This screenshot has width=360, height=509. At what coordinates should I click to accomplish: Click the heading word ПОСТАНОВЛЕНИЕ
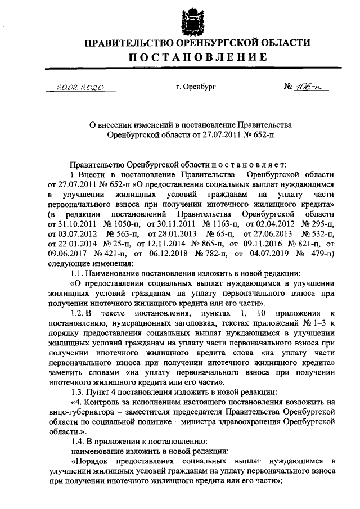[195, 56]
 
